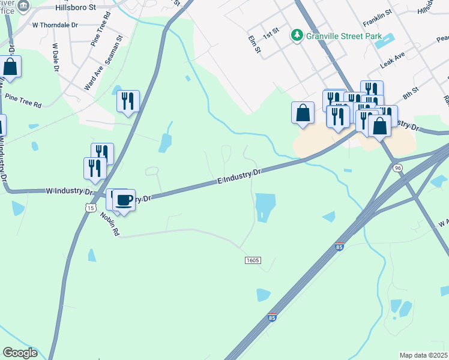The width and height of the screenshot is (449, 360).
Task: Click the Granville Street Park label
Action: (x=343, y=36)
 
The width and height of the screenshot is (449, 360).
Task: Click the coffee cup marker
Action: (x=124, y=200)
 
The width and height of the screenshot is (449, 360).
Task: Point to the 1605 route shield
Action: (x=253, y=260)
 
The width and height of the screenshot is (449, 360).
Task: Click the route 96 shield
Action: (x=397, y=168)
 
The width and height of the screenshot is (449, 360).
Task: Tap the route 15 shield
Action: (x=90, y=207)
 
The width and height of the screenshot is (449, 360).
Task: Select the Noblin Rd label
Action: (x=110, y=224)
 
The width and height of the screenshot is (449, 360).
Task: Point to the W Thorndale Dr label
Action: (x=55, y=25)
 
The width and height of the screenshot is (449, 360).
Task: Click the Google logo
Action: (x=20, y=353)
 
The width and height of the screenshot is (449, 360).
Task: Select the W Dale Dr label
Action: (x=56, y=57)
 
